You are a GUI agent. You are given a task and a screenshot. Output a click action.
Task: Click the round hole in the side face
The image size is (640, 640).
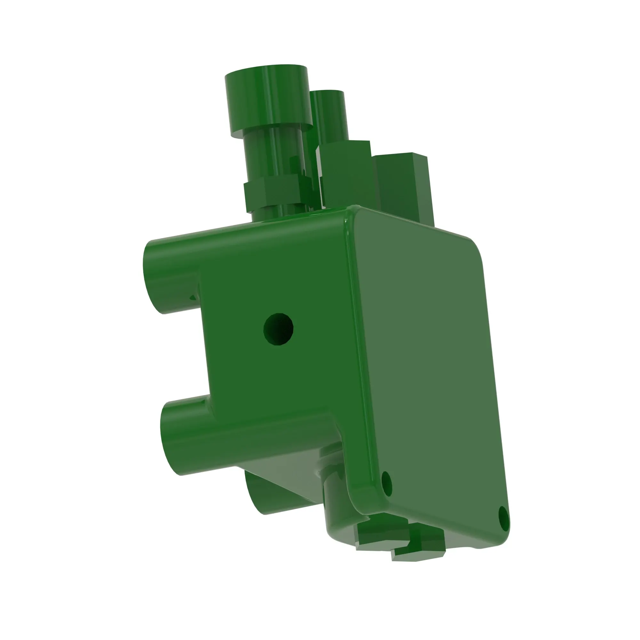pyautogui.click(x=278, y=329)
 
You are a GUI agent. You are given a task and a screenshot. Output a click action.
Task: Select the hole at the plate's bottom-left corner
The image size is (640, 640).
pyautogui.click(x=387, y=484)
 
